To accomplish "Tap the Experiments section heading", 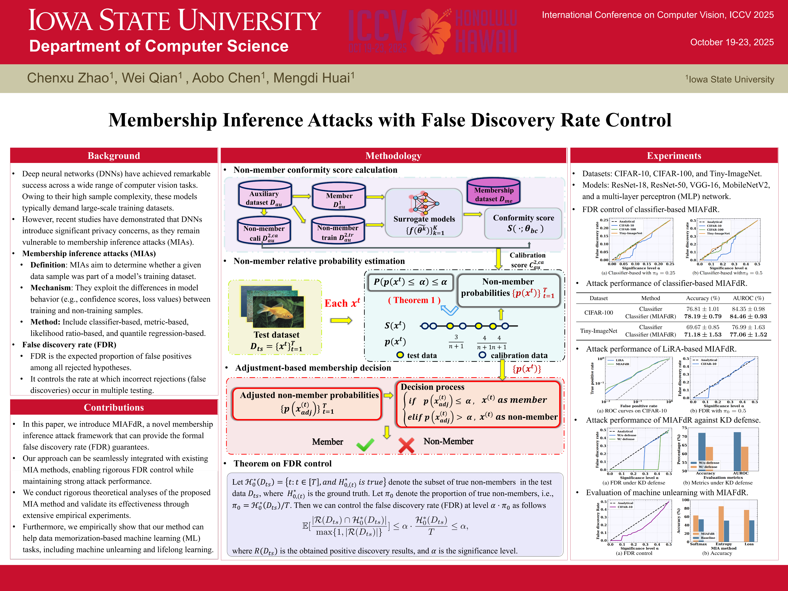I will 674,156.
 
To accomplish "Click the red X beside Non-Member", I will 406,445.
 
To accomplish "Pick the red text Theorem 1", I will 414,300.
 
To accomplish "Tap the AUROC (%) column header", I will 748,298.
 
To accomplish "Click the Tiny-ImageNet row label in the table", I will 598,331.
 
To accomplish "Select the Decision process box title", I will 432,387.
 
